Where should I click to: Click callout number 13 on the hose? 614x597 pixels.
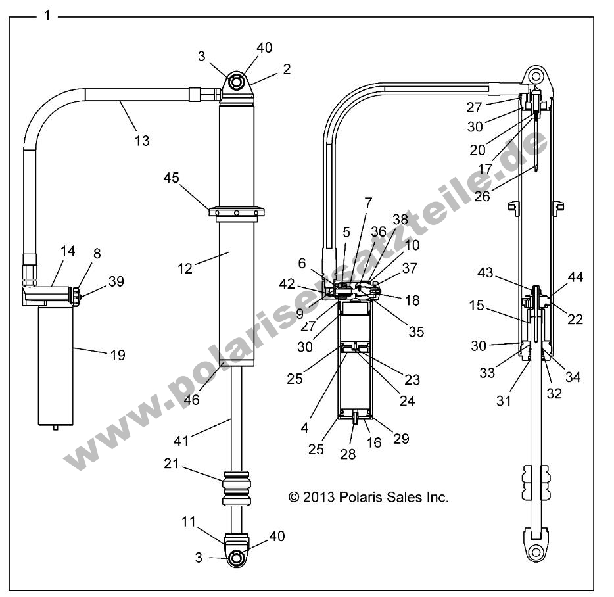[x=142, y=140]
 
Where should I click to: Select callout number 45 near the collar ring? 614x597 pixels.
[x=172, y=178]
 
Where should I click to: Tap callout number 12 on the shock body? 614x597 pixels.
[x=185, y=268]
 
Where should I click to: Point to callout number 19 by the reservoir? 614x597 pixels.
[x=118, y=355]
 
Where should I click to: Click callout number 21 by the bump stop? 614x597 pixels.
[x=172, y=464]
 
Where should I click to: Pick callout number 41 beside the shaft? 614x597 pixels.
[x=181, y=441]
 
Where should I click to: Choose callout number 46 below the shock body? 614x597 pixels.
[x=191, y=398]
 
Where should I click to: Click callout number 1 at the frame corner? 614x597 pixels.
[x=46, y=15]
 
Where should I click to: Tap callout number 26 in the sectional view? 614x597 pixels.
[x=482, y=196]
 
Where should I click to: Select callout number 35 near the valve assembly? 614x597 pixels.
[x=415, y=331]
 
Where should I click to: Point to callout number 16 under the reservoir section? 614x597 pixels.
[x=373, y=442]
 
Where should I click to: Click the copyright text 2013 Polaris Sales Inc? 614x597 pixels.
[x=368, y=498]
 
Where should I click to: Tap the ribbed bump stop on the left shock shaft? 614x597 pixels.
[x=237, y=487]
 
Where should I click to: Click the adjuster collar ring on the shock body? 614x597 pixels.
[x=237, y=212]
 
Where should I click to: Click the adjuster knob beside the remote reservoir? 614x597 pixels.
[x=76, y=297]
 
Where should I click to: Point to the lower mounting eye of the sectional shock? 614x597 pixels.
[x=536, y=551]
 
